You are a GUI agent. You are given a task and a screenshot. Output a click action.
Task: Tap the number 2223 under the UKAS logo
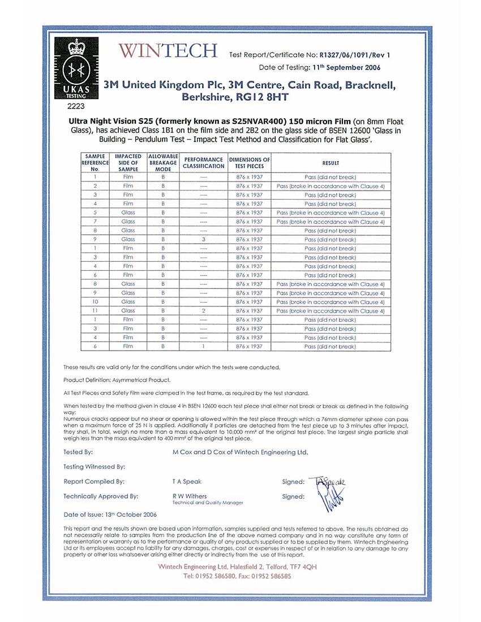[75, 105]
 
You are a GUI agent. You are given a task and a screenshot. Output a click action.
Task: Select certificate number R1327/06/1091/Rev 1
[355, 55]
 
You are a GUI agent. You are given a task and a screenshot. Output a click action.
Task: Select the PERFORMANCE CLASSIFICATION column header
[204, 163]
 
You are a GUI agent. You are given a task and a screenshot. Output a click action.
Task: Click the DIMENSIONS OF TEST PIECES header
[249, 163]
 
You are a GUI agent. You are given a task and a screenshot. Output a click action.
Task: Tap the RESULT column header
[330, 163]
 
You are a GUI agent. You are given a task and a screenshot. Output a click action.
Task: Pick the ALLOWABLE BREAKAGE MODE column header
[163, 162]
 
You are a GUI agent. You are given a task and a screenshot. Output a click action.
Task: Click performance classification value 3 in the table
[204, 240]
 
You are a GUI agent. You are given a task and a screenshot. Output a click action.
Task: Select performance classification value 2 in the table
[204, 310]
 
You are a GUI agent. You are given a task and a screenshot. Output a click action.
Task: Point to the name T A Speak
[187, 482]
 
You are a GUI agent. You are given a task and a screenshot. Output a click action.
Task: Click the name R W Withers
[190, 496]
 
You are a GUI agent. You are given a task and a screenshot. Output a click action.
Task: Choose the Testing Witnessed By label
[94, 466]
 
